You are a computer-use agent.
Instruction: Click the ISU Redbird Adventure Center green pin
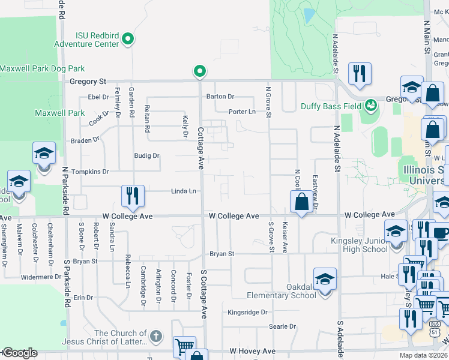(127, 40)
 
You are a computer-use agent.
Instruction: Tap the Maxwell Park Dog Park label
(42, 69)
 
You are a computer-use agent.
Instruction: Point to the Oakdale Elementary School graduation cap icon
(325, 280)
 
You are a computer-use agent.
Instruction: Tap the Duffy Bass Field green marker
(371, 106)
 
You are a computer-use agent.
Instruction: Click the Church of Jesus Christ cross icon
(155, 337)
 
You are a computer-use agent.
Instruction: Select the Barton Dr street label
(220, 96)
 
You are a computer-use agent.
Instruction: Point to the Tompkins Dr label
(90, 172)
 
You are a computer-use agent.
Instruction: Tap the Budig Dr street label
(146, 156)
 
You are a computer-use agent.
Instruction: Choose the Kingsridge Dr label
(247, 313)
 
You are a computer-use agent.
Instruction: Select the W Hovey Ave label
(252, 351)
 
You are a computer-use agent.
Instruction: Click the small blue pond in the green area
(309, 15)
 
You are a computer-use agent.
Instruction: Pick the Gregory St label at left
(88, 82)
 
